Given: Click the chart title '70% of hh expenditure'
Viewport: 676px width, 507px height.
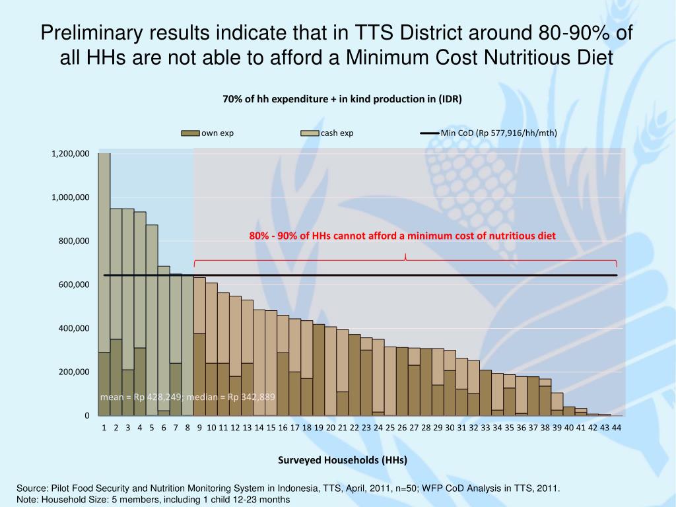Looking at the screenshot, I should pos(342,99).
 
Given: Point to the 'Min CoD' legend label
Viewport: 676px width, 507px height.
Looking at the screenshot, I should pos(498,133).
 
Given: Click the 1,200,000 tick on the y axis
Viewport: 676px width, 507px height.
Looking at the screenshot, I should pos(71,154).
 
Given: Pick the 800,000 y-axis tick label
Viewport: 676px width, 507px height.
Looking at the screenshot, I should pos(74,241).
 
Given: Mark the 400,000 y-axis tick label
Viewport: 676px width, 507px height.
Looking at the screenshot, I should pos(74,328).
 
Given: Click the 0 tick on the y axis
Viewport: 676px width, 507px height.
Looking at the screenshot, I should pos(86,415).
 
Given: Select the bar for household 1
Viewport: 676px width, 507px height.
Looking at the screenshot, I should pos(104,284).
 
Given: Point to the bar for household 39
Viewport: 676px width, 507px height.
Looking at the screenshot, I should pos(557,404).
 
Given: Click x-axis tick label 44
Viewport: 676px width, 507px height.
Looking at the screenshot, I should pos(617,428).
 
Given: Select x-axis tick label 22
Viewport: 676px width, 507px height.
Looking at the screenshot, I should pos(355,428).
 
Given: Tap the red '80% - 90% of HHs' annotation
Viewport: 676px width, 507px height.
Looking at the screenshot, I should pos(403,236).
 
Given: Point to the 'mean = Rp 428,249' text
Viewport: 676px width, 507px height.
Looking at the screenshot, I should pos(142,397).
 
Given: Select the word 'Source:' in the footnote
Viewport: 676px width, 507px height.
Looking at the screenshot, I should pos(30,489).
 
